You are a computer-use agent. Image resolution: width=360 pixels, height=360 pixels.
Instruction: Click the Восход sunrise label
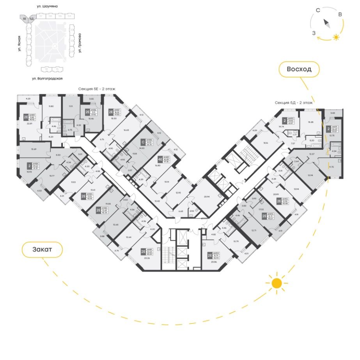tap(299, 70)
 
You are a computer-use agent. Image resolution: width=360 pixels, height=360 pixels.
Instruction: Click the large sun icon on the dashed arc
tap(277, 283)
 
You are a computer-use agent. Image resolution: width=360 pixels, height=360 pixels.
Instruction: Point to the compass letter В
tap(340, 15)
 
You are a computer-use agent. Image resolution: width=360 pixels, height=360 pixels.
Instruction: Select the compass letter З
tap(314, 33)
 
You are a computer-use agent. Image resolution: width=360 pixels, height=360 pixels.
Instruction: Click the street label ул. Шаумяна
tap(47, 7)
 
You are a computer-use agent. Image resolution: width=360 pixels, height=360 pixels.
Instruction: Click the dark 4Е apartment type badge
tap(160, 159)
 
